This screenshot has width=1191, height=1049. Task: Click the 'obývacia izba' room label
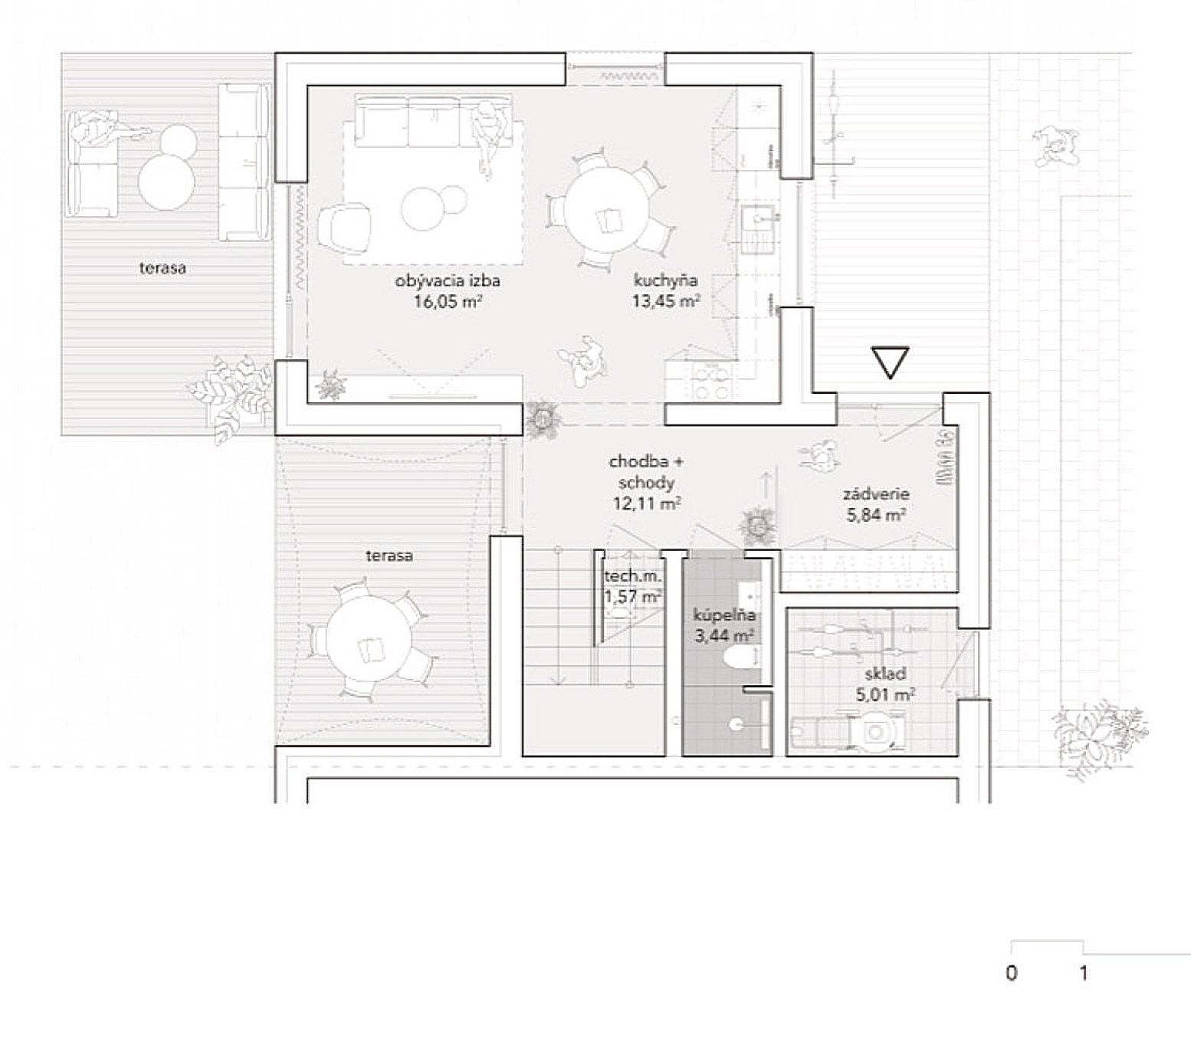(x=448, y=281)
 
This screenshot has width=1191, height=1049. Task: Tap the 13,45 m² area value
(x=665, y=300)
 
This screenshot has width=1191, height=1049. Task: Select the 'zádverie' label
(x=876, y=495)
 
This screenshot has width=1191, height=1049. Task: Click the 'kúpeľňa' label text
(x=724, y=615)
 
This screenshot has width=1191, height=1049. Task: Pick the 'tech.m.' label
(x=632, y=576)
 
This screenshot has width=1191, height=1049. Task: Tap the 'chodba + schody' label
(x=645, y=472)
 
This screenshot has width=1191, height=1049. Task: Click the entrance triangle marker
(x=890, y=362)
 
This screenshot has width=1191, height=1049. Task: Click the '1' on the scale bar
(x=1083, y=973)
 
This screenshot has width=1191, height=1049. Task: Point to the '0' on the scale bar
(x=1012, y=973)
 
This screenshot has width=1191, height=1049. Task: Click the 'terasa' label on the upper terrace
(x=162, y=268)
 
